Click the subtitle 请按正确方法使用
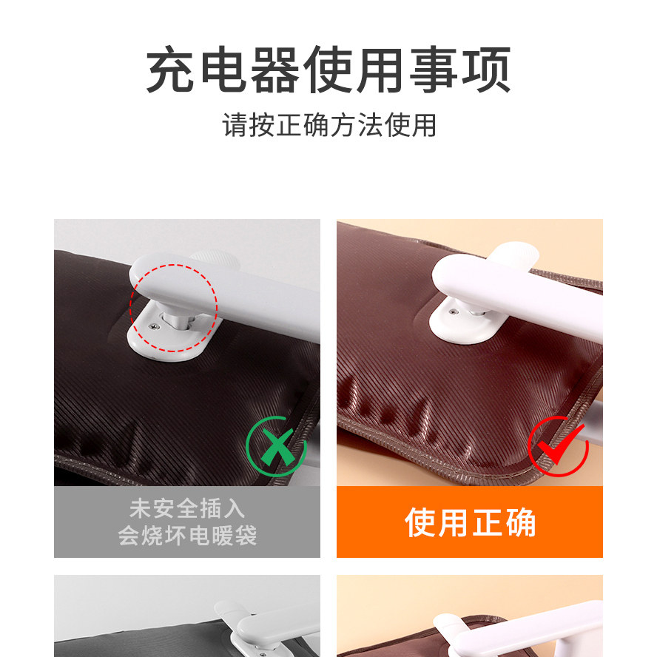[328, 126]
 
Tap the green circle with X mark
[275, 446]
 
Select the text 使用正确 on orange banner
[470, 523]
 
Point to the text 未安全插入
[186, 510]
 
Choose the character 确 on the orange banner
[519, 523]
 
